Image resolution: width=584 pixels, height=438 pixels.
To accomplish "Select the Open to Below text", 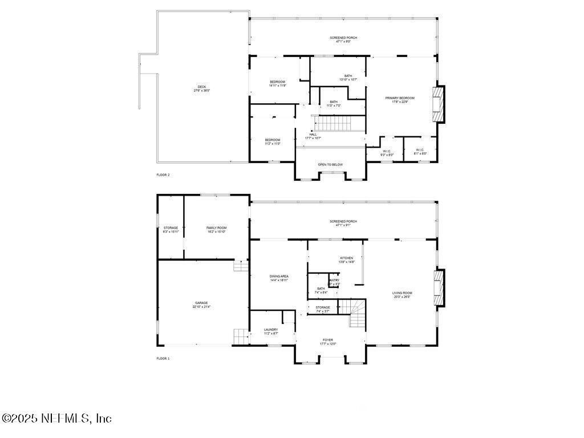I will coord(330,164).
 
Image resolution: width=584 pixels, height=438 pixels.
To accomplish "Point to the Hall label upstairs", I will coord(313,136).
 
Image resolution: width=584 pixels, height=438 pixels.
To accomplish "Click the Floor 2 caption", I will coord(163,175).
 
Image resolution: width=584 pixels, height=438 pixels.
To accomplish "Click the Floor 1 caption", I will coord(163,358).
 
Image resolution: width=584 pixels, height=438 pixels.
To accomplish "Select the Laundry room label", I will coord(271,331).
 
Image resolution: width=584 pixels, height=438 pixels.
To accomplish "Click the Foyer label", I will coord(328,341).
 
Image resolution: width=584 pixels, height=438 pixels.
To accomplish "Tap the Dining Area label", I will coord(279,278).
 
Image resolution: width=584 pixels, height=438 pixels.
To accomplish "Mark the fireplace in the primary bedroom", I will coord(437,104).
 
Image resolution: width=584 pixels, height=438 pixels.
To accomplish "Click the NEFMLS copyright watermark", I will coord(56,418).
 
